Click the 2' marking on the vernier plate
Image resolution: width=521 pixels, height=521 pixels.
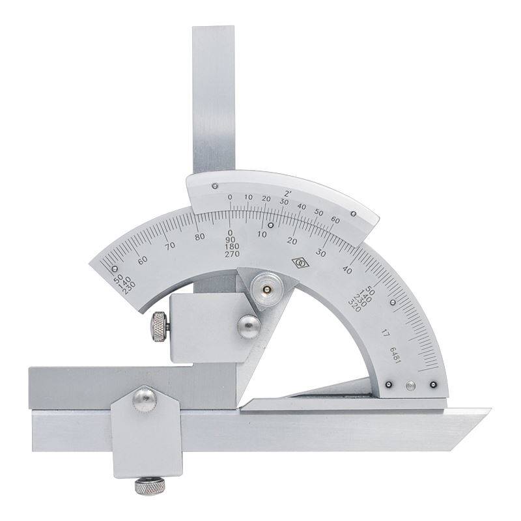tap(288, 193)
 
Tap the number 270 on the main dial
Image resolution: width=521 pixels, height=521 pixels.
tap(232, 254)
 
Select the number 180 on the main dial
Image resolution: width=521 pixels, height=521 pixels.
tap(232, 247)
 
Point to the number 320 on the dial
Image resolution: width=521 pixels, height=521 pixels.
tap(354, 305)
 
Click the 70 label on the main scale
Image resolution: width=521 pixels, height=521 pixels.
tap(170, 246)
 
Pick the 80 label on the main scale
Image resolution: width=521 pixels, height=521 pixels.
tap(200, 237)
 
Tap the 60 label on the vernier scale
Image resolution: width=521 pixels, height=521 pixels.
tap(335, 220)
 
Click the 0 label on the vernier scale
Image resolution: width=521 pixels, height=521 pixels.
tap(230, 197)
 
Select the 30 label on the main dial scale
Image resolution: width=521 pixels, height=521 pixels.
tap(320, 253)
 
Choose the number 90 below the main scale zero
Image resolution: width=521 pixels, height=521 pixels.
tap(231, 240)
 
